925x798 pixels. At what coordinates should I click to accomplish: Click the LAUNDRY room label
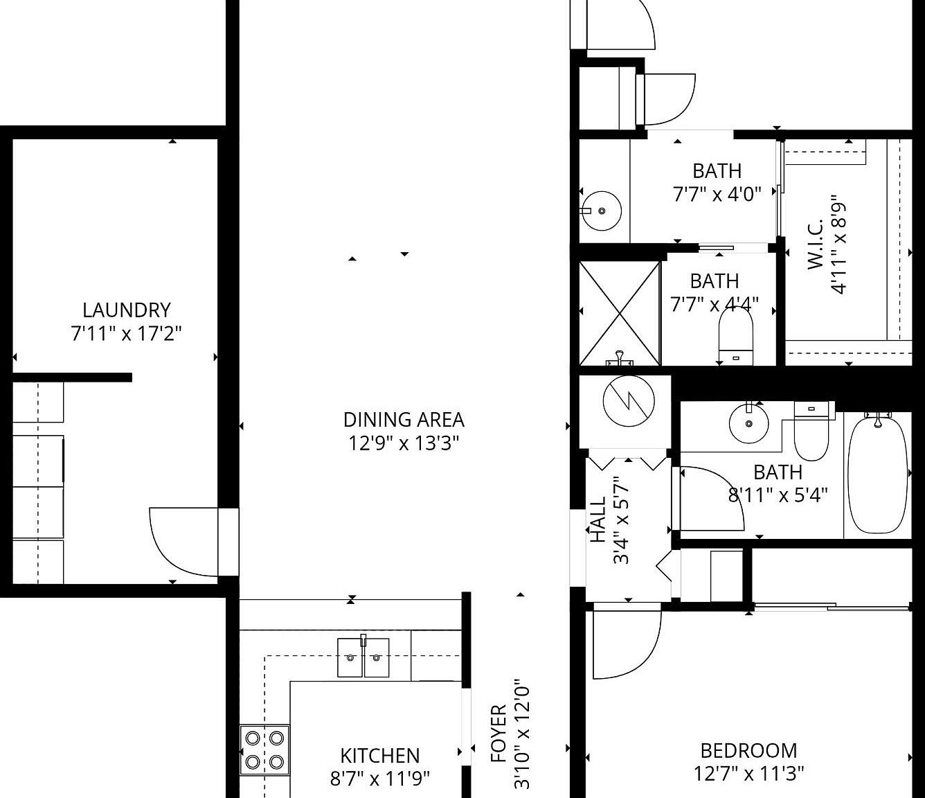coord(126,310)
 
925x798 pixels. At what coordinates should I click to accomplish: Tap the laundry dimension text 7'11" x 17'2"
coord(126,334)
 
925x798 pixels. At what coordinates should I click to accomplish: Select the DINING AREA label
coord(404,419)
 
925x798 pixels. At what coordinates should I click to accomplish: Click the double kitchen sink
coord(363,657)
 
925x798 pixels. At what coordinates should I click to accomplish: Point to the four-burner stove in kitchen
coord(264,750)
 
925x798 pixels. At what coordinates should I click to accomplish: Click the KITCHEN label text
coord(379,755)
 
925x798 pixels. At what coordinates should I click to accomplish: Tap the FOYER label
coord(499,734)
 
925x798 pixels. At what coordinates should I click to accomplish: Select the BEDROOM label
coord(748,750)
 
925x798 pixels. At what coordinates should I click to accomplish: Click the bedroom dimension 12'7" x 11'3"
coord(748,773)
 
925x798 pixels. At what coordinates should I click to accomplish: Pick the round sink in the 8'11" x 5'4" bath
coord(748,423)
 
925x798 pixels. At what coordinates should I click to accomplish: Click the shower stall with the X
coord(620,312)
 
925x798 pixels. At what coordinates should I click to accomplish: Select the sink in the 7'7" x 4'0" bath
coord(601,211)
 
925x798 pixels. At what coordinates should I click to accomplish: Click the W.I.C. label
coord(816,244)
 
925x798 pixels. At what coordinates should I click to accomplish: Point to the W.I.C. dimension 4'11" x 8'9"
coord(838,244)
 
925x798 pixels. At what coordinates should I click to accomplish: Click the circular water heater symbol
coord(629,401)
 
